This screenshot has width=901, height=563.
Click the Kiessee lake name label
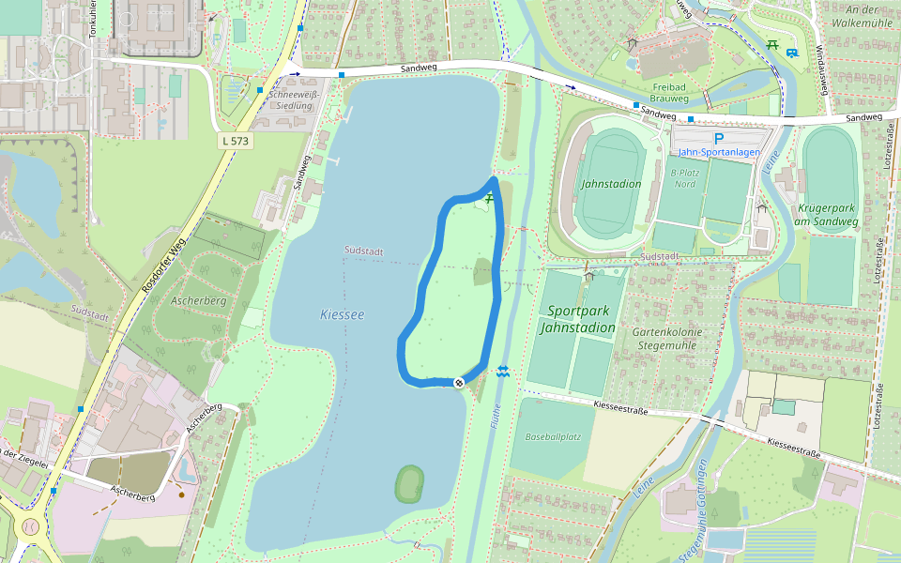342,315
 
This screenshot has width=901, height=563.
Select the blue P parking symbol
719,138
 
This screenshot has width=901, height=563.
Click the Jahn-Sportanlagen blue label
719,152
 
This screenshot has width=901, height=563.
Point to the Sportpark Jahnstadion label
578,319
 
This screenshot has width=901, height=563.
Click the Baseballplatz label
554,437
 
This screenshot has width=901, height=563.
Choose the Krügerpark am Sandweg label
829,215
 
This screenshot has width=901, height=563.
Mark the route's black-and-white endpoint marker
459,382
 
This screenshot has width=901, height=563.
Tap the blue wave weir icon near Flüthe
504,372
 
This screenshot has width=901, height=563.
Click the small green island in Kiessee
409,484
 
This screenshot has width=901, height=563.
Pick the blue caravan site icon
793,53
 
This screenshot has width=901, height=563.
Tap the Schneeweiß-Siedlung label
290,100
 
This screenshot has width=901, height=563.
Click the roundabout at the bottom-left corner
27,527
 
